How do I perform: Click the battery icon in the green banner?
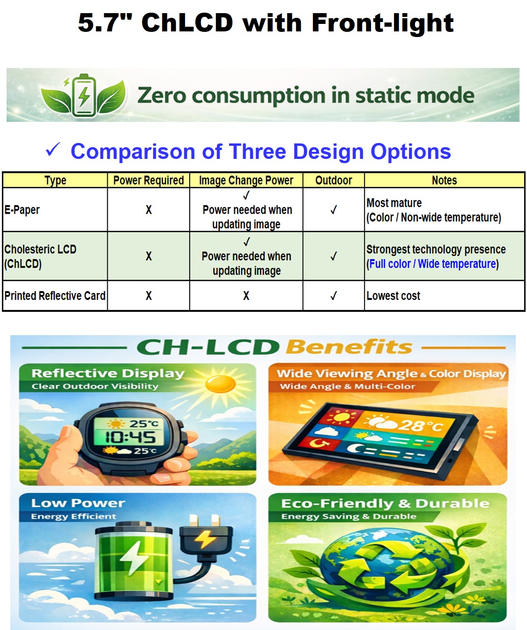click(x=83, y=95)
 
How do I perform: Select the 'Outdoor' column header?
click(x=334, y=180)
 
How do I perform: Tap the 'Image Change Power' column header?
click(x=246, y=180)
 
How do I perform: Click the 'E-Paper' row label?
click(x=22, y=210)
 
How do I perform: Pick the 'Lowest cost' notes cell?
click(x=393, y=296)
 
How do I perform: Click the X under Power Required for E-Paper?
click(x=148, y=210)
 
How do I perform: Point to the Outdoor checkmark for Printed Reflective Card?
click(x=334, y=296)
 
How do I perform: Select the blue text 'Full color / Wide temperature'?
click(x=433, y=264)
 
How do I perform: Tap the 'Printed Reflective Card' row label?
click(x=55, y=296)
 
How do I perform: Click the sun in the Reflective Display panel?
click(x=220, y=384)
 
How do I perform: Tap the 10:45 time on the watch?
click(x=130, y=437)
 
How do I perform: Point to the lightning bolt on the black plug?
click(x=205, y=538)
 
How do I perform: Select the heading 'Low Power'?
click(x=78, y=503)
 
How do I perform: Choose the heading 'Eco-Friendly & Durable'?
click(x=386, y=503)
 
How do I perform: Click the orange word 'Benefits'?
click(x=349, y=347)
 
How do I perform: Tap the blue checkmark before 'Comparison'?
click(x=53, y=150)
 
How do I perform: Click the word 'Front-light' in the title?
click(x=383, y=23)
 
